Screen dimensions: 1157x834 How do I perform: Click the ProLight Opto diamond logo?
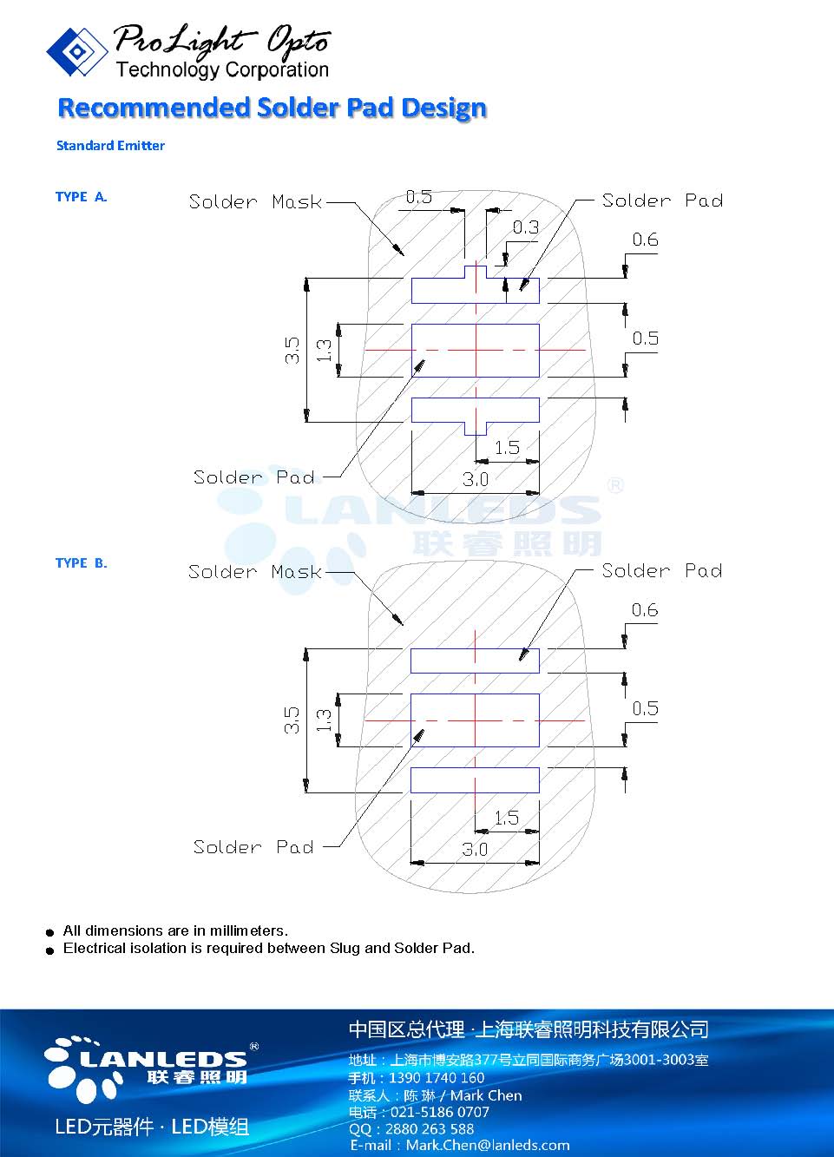[x=76, y=51]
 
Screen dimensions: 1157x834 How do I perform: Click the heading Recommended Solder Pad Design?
[x=272, y=108]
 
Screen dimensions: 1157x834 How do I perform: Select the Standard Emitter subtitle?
[x=110, y=146]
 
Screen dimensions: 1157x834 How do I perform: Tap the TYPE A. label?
[x=81, y=197]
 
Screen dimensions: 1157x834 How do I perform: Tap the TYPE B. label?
[x=81, y=563]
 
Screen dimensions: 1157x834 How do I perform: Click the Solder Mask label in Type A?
[x=255, y=202]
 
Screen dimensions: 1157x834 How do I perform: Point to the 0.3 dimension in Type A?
[x=525, y=227]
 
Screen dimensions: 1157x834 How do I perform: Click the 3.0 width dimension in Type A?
[x=475, y=479]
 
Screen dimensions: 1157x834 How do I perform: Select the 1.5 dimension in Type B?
[x=506, y=818]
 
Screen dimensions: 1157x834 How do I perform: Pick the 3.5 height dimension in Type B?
[x=292, y=720]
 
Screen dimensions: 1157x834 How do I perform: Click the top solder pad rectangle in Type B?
[x=475, y=661]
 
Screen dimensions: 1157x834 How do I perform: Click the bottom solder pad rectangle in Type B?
[x=475, y=780]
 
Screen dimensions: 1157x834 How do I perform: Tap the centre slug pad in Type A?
[x=475, y=351]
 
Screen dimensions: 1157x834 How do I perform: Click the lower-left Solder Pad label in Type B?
[x=253, y=847]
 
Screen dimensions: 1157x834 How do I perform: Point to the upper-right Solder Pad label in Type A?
[x=662, y=201]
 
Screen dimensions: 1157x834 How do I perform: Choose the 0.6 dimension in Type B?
[x=645, y=610]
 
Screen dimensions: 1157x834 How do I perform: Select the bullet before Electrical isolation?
[x=50, y=950]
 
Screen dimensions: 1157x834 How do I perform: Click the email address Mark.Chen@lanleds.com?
[x=487, y=1146]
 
